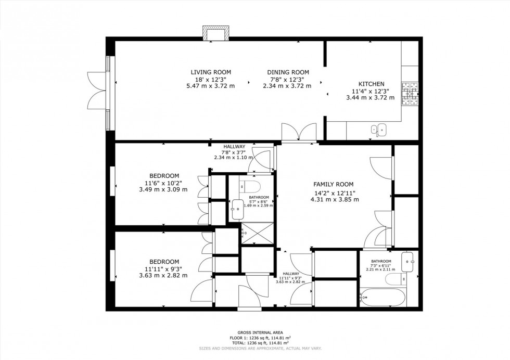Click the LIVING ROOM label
(x=210, y=72)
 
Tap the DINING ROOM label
(x=288, y=72)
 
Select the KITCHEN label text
(x=371, y=84)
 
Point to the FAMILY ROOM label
(x=333, y=184)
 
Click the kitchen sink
(x=378, y=129)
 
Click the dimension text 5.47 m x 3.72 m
(x=210, y=86)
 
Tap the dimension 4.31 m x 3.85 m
(x=333, y=199)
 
